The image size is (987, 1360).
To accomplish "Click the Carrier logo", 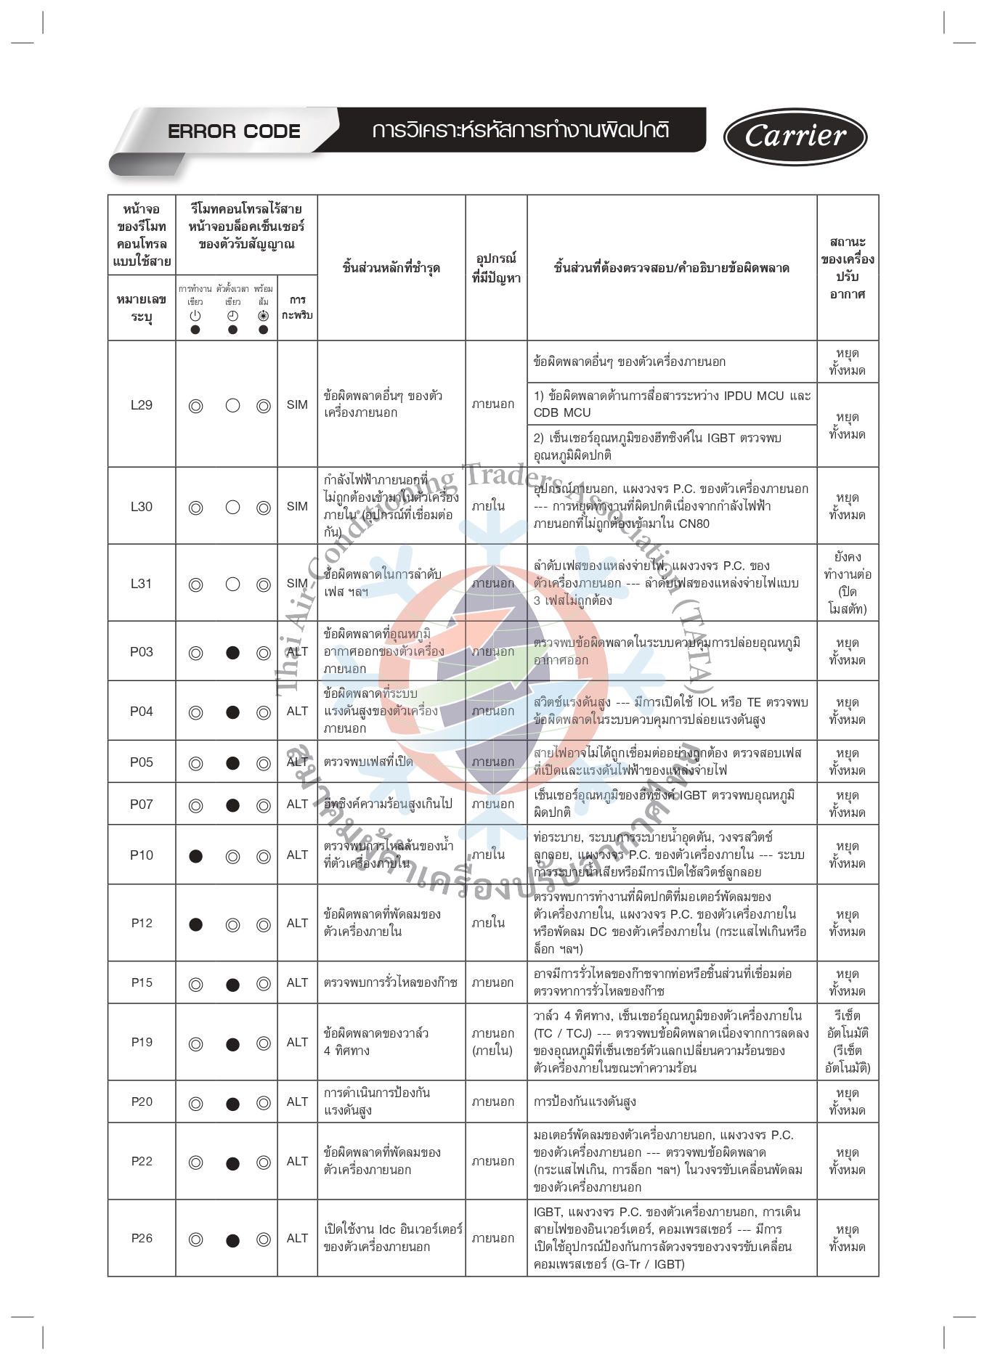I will (795, 137).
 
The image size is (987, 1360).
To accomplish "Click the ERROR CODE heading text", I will (234, 131).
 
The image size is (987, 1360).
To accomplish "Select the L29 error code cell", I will (142, 405).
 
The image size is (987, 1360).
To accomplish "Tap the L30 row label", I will (142, 507).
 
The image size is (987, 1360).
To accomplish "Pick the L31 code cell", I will (142, 584).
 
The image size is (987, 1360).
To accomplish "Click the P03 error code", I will (142, 652).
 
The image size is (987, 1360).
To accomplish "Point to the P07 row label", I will (142, 805).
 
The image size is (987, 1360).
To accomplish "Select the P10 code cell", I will (142, 855).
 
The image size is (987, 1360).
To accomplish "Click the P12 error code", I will (142, 924).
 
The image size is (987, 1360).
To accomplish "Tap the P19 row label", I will (142, 1043).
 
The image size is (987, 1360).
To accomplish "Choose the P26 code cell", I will (142, 1239).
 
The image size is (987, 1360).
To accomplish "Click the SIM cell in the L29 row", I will (297, 405).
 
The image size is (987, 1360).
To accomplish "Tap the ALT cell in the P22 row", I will (297, 1162).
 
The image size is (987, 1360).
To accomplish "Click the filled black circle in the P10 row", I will (195, 856).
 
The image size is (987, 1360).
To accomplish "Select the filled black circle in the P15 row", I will (232, 985).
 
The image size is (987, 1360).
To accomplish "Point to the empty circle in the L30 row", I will (232, 508).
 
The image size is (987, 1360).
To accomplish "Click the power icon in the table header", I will (195, 316).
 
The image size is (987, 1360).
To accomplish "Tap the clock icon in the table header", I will (232, 316).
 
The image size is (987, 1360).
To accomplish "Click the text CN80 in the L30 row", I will (694, 524).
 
